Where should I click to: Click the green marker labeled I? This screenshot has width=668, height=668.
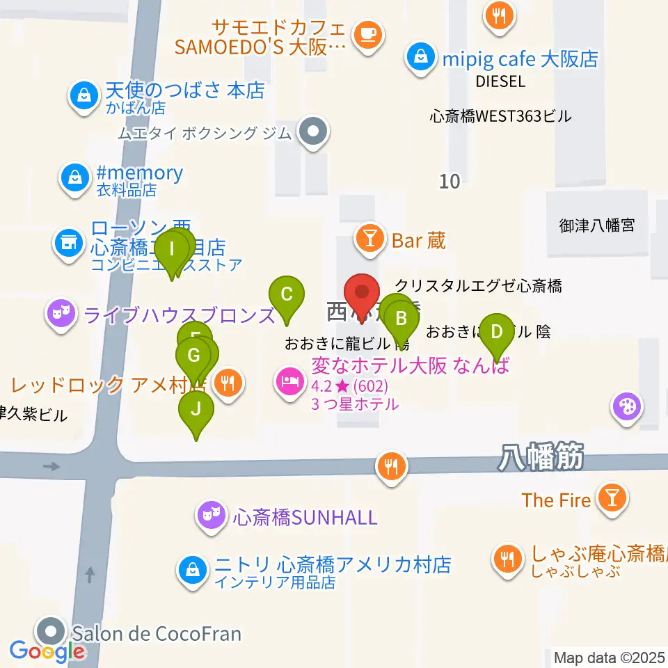tap(170, 250)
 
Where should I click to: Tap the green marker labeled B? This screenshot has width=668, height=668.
tap(401, 321)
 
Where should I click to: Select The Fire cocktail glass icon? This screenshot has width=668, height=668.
tap(612, 499)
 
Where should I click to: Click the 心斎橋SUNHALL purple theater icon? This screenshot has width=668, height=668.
tap(212, 516)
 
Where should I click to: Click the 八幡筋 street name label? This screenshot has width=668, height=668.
tap(541, 459)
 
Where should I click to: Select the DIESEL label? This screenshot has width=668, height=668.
tap(500, 81)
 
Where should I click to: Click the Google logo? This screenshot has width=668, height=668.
tap(47, 652)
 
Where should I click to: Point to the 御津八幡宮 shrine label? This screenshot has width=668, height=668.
tap(597, 225)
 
